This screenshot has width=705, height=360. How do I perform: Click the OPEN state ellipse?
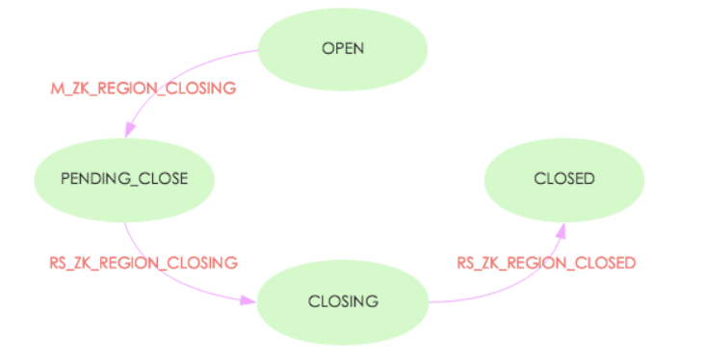344,47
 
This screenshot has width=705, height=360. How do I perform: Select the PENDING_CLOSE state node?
123,179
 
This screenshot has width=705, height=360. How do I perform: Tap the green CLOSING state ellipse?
343,301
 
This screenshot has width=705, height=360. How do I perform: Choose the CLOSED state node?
564,178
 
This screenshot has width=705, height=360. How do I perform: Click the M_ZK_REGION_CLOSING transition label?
144,89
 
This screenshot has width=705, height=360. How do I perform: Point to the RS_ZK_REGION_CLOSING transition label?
144,262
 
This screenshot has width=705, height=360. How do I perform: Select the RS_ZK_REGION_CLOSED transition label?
546,262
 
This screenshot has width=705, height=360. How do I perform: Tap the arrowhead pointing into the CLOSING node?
248,300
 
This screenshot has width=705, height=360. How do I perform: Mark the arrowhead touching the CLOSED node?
560,225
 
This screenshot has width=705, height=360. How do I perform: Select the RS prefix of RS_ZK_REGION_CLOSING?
59,262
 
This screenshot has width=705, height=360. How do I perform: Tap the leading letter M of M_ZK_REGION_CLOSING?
56,89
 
